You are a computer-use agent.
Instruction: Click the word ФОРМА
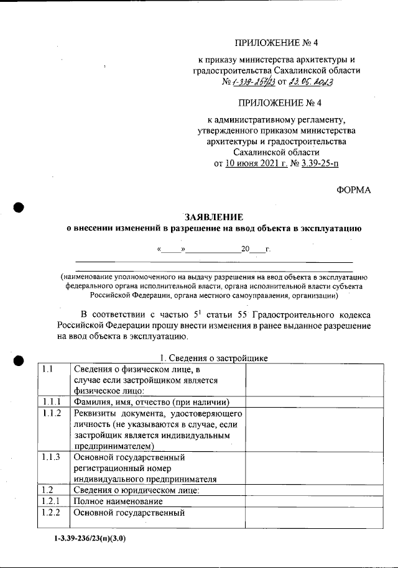(x=353, y=191)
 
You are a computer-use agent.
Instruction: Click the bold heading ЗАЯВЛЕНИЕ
(x=214, y=217)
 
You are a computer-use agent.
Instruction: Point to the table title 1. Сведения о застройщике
(x=213, y=359)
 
